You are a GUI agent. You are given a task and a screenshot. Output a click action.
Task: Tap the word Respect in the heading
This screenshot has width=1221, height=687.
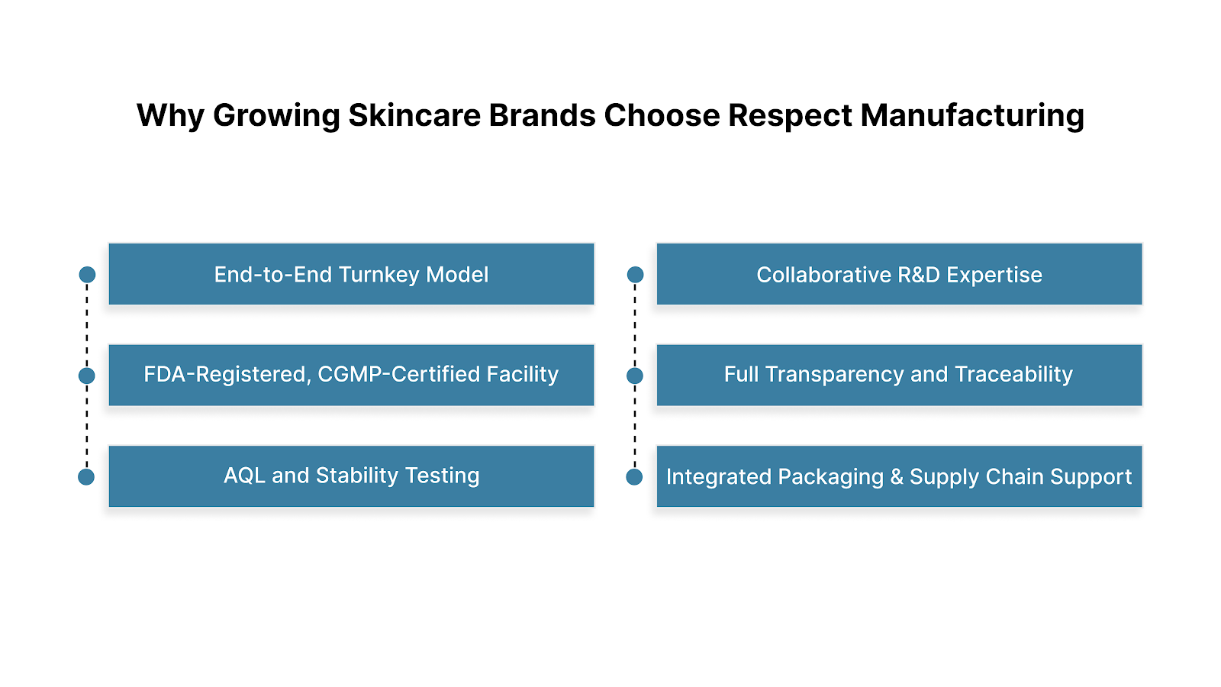tap(790, 116)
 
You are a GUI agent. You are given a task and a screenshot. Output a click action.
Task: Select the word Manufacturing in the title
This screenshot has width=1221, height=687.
tap(972, 116)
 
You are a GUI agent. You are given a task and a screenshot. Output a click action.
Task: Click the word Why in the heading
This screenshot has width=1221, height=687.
tap(170, 116)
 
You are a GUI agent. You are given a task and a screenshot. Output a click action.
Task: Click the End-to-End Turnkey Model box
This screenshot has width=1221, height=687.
tap(351, 274)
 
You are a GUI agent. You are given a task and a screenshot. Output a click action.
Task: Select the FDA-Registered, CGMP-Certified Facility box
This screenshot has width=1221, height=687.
tap(351, 375)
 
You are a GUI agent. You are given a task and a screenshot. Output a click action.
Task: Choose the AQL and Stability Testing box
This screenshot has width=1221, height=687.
tap(351, 476)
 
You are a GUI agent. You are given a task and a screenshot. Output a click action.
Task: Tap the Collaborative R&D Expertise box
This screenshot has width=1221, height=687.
tap(899, 274)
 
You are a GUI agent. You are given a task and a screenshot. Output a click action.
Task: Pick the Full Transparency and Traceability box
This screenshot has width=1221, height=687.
tap(899, 375)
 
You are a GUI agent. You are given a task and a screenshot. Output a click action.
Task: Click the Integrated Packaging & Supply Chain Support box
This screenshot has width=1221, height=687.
tap(899, 476)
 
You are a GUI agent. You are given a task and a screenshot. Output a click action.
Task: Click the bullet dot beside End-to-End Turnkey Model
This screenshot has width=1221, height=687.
tap(87, 275)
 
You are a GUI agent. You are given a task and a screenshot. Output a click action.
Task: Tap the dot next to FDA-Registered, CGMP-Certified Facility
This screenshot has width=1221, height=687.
tap(87, 376)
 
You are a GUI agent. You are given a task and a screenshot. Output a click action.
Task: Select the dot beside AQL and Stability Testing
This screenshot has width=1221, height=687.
tap(86, 477)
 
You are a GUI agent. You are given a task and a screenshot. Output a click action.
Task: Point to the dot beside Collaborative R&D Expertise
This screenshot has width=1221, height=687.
tap(635, 275)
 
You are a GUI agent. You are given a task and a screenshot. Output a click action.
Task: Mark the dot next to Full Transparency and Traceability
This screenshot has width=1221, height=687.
tap(635, 376)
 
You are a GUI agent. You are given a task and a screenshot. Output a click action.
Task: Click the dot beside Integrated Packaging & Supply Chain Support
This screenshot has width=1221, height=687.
tap(634, 477)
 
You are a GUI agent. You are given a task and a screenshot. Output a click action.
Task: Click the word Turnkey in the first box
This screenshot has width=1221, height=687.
tap(379, 275)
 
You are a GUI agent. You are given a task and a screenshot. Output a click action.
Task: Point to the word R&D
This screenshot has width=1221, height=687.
tap(919, 275)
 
